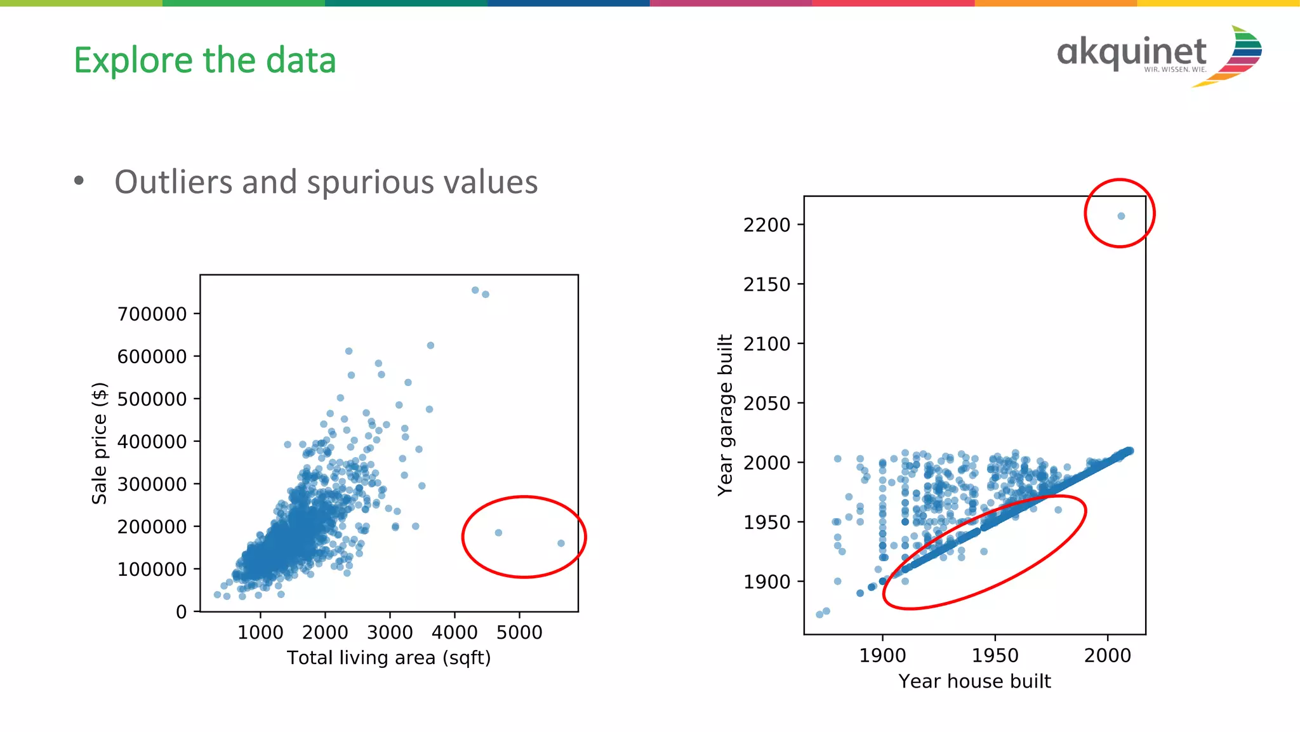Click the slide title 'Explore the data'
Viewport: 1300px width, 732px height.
click(204, 61)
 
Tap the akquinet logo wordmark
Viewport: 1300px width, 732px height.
click(1131, 53)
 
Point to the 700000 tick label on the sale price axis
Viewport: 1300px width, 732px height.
click(152, 314)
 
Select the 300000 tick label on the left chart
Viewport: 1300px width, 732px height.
click(152, 484)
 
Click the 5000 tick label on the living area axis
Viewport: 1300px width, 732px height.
click(519, 632)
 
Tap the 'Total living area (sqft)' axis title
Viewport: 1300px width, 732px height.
click(388, 658)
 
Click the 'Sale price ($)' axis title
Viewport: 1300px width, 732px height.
click(100, 443)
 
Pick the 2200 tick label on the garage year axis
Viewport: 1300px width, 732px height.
click(767, 225)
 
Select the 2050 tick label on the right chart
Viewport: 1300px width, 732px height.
click(767, 403)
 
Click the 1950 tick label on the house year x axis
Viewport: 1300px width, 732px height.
click(995, 655)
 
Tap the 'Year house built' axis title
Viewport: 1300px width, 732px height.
click(974, 681)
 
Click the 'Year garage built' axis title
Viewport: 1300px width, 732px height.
click(725, 415)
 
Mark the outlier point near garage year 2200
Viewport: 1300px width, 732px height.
click(1121, 216)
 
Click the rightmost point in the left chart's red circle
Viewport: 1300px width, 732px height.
click(561, 543)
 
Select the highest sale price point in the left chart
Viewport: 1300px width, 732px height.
click(475, 290)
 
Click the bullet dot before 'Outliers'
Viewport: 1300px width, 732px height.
click(79, 181)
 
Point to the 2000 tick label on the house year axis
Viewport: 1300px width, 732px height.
click(1107, 655)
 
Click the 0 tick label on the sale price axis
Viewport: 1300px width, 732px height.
click(182, 612)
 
